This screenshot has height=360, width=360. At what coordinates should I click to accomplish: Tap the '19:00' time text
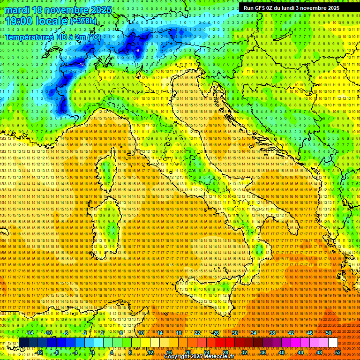tap(19, 21)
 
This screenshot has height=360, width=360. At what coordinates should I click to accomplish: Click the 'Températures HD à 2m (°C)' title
tap(52, 37)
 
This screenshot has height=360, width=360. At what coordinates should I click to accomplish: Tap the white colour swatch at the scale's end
tap(333, 343)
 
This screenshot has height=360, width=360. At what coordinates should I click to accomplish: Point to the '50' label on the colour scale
tap(329, 333)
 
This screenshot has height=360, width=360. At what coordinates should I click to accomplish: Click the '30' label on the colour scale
tap(235, 333)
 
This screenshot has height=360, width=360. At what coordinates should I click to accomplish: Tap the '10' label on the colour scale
tap(141, 333)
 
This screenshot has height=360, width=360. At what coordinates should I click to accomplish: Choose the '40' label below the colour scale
tap(281, 352)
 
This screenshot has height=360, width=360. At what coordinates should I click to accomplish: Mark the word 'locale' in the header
tap(52, 21)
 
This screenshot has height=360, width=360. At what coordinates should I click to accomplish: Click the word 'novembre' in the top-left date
tap(65, 9)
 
